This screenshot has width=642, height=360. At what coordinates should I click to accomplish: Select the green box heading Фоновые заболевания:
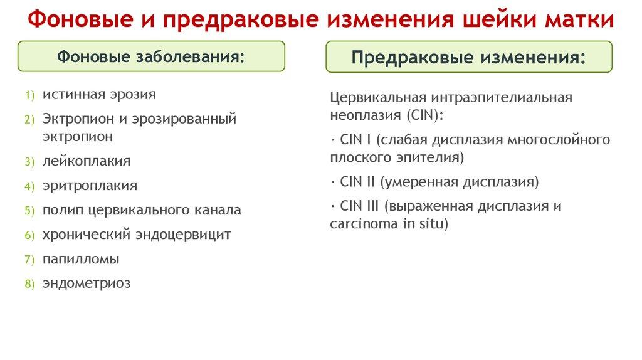pyautogui.click(x=151, y=56)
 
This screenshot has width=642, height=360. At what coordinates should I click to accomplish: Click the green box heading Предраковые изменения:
pyautogui.click(x=469, y=57)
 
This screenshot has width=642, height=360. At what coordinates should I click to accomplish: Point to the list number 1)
pyautogui.click(x=29, y=95)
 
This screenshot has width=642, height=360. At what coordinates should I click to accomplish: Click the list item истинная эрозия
pyautogui.click(x=99, y=94)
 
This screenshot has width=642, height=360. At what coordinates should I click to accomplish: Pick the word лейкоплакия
pyautogui.click(x=87, y=161)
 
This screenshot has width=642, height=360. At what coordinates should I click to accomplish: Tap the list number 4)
pyautogui.click(x=29, y=186)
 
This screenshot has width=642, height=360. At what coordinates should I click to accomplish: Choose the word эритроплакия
pyautogui.click(x=90, y=186)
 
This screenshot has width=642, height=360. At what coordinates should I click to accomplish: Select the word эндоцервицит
pyautogui.click(x=183, y=235)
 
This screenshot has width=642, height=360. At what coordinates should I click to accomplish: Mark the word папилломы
pyautogui.click(x=81, y=259)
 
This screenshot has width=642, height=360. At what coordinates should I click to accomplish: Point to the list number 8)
pyautogui.click(x=29, y=284)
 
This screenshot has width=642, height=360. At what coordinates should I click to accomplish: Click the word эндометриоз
pyautogui.click(x=87, y=283)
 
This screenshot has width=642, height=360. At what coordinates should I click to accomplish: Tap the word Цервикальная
pyautogui.click(x=378, y=98)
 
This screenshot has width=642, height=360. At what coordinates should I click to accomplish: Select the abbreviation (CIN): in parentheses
pyautogui.click(x=425, y=115)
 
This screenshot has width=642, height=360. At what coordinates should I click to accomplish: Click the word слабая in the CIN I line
pyautogui.click(x=404, y=140)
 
